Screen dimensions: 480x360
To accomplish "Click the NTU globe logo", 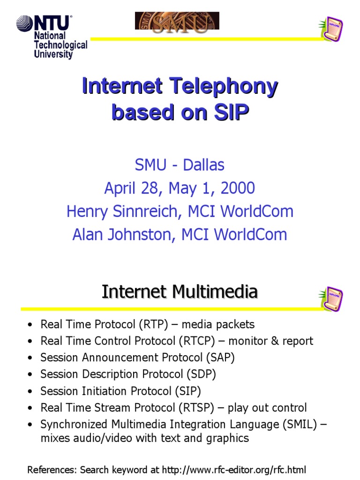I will click(x=25, y=23).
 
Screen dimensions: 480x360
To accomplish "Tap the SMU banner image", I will click(x=177, y=21).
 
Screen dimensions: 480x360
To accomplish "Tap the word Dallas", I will click(x=203, y=165).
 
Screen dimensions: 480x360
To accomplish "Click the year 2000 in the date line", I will click(x=238, y=188).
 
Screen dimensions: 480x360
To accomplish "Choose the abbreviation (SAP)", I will click(x=220, y=358).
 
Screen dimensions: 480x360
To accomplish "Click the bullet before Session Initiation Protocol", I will click(x=30, y=391).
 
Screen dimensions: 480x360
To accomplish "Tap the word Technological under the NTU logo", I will click(x=60, y=45).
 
